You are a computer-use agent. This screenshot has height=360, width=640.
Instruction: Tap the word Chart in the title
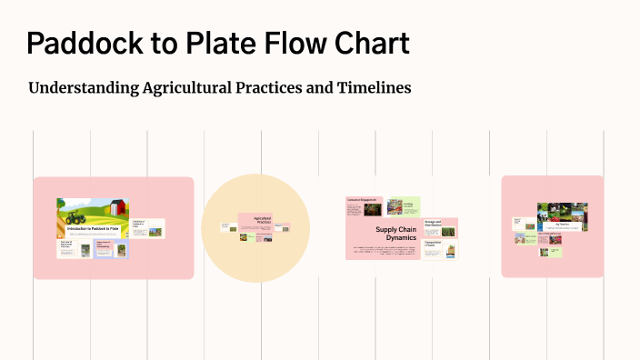pyautogui.click(x=372, y=43)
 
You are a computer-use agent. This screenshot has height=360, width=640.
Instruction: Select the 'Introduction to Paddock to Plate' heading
pyautogui.click(x=92, y=228)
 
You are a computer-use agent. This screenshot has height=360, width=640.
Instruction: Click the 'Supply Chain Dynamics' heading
pyautogui.click(x=395, y=234)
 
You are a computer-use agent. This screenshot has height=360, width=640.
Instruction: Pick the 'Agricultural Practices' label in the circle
pyautogui.click(x=263, y=220)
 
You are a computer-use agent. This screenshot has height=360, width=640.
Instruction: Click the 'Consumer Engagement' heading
pyautogui.click(x=362, y=199)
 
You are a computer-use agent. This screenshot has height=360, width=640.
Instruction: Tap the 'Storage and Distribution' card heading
pyautogui.click(x=433, y=223)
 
